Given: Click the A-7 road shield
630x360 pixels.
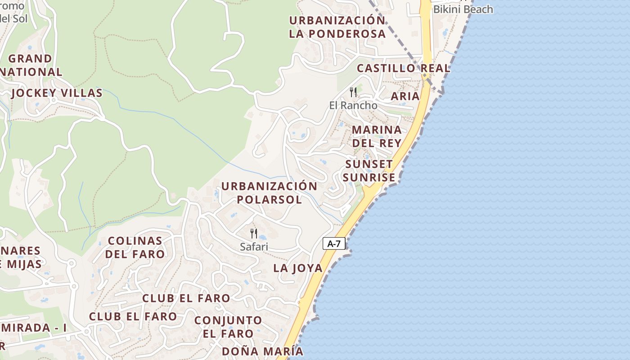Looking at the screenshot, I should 334,244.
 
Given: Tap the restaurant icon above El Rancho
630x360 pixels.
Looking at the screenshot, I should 353,92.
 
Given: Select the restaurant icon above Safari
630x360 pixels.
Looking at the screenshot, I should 254,234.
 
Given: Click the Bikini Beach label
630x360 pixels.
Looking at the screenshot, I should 463,9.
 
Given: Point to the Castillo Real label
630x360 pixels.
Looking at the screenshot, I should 403,68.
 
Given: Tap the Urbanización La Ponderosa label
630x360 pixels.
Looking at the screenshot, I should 337,27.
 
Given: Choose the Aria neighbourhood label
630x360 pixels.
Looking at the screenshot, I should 405,96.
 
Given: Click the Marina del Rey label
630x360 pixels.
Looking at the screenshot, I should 377,136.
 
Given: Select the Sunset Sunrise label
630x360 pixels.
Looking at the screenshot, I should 369,171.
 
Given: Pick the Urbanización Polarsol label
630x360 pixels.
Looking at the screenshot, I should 269,193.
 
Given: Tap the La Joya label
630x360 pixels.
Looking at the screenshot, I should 298,268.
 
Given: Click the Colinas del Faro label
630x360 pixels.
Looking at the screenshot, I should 135,247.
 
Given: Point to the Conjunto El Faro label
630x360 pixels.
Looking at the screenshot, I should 228,327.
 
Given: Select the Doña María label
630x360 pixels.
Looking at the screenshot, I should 262,351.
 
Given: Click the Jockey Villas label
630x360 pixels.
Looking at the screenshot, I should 57,93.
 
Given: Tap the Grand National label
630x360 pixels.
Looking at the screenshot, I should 31,65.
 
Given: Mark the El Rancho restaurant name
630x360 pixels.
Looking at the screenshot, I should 353,105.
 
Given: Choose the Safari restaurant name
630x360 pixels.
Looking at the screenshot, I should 254,247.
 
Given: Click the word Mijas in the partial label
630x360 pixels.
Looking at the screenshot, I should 24,264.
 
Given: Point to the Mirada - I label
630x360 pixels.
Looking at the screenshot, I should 33,328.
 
